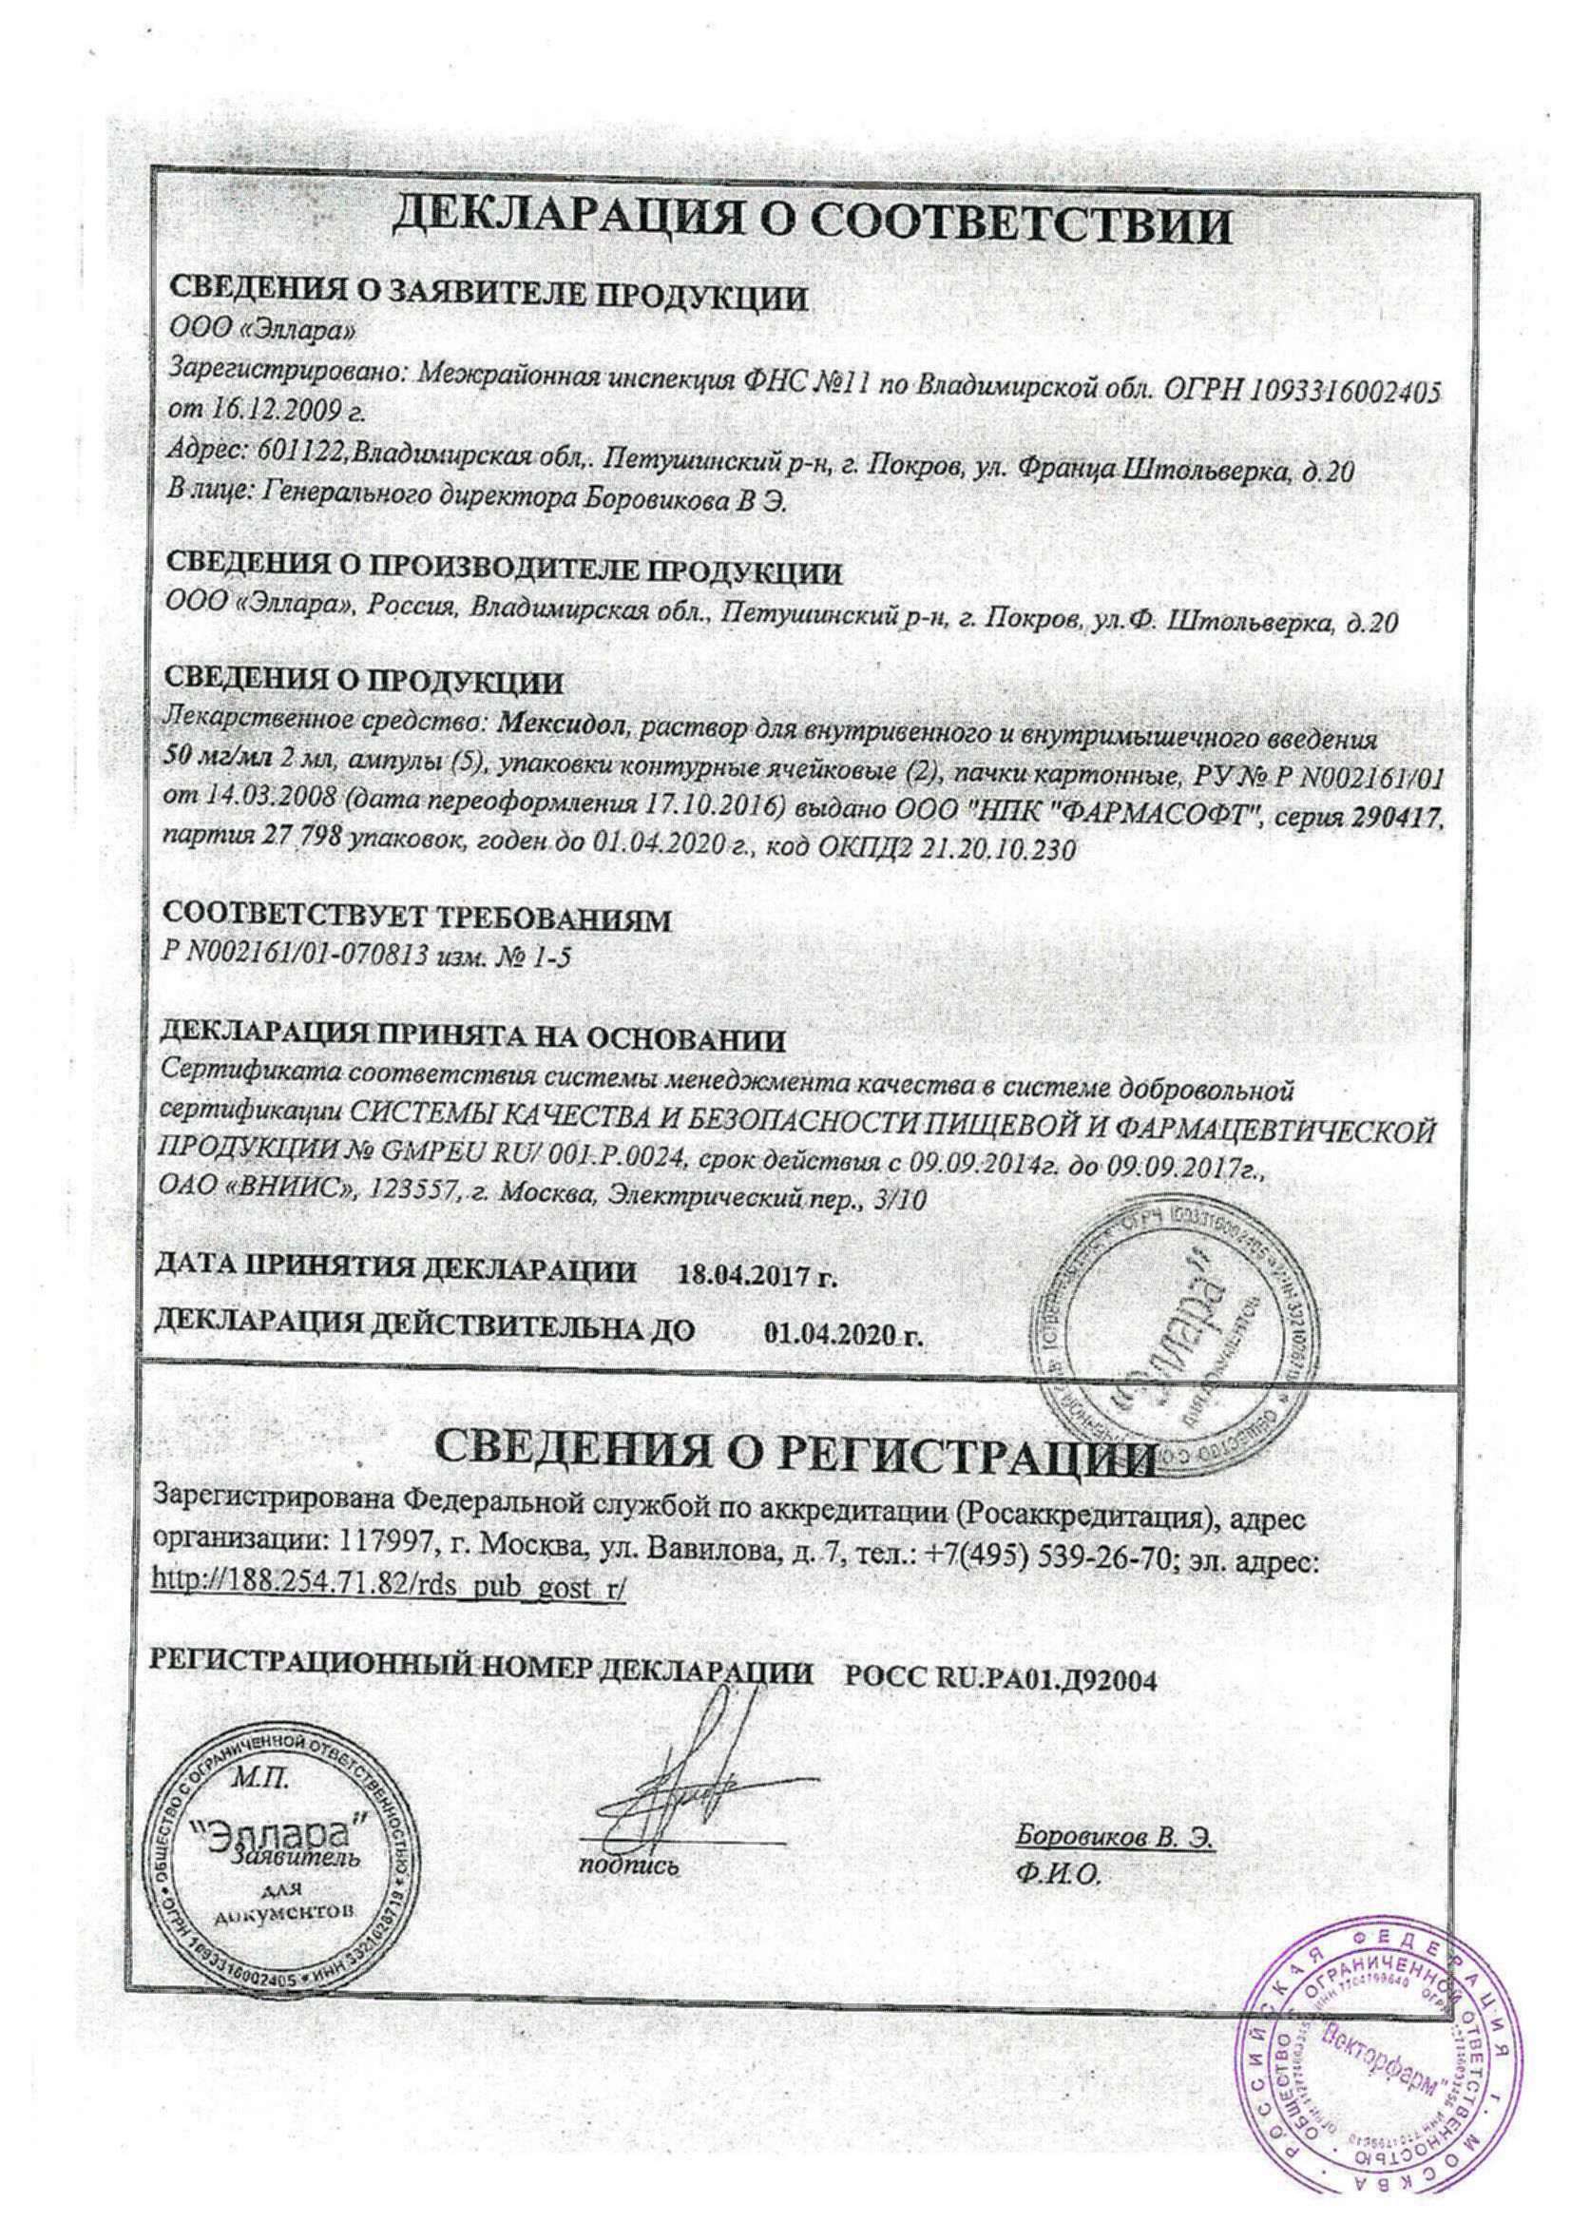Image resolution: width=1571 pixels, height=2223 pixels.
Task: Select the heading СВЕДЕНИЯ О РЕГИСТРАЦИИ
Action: pos(794,1447)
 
